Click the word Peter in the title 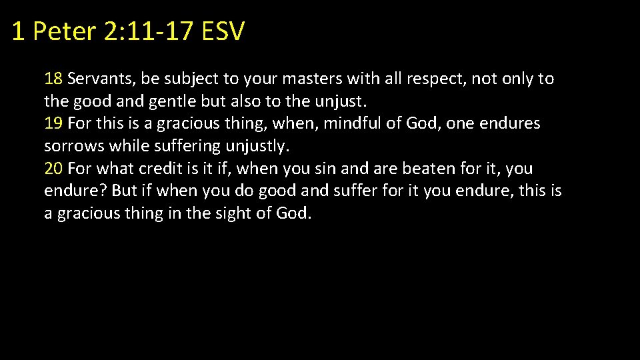[x=64, y=31]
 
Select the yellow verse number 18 [x=53, y=79]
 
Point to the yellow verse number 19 [x=53, y=123]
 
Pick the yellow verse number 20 [x=53, y=169]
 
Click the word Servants [x=101, y=79]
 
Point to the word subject [x=191, y=79]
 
